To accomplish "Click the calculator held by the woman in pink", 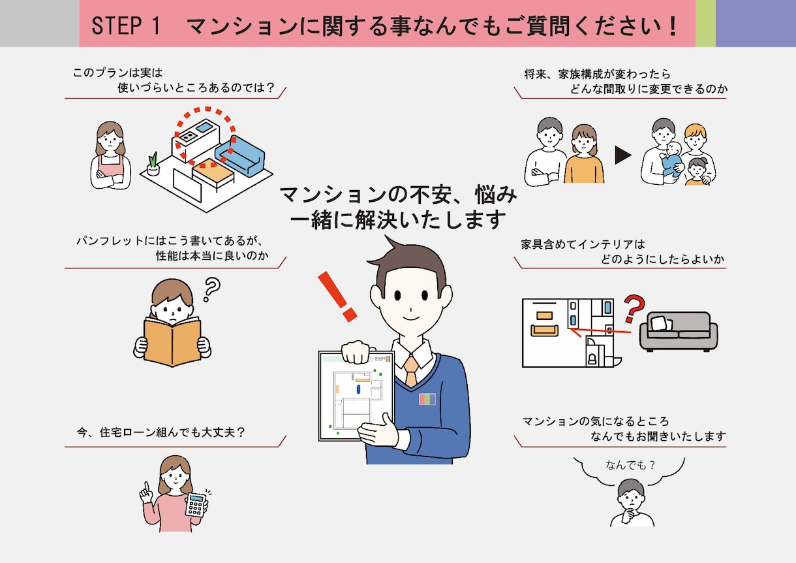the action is pos(196,505).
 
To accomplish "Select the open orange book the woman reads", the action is pos(172,342).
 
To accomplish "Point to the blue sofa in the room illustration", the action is pos(240,155).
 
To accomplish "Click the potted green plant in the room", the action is pos(153,164).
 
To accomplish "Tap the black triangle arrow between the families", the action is pos(623,155).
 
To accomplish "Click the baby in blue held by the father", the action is pos(671,159).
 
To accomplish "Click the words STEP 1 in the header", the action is pos(126,25).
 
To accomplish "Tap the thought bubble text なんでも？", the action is pos(630,465).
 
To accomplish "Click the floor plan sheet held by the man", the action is pos(356,396).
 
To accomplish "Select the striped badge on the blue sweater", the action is pos(427,399).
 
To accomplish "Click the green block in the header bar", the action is pos(705,24).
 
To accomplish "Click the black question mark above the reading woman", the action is pos(212,289).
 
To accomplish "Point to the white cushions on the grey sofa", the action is pos(661,323).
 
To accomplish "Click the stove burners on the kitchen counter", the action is pos(188,135).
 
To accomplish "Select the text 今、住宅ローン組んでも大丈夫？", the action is pos(161,432).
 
